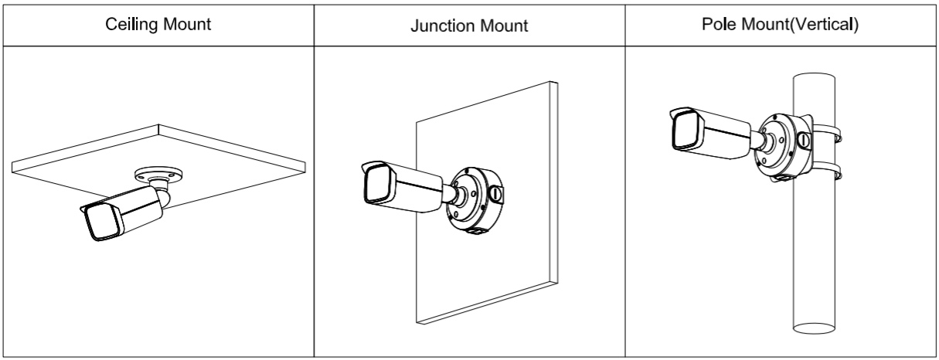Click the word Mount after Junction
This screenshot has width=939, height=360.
(504, 25)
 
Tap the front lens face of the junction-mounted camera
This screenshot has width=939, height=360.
(376, 184)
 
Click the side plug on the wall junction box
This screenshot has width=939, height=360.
(497, 192)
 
